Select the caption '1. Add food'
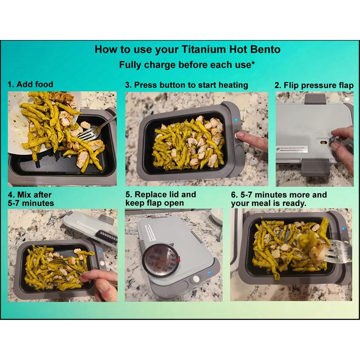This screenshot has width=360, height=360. click(x=30, y=84)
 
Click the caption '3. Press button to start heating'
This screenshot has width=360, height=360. click(x=186, y=85)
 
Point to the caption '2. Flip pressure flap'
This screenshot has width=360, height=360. click(x=314, y=85)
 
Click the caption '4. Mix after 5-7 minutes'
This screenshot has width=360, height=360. click(x=30, y=199)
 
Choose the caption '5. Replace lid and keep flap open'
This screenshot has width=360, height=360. click(x=161, y=199)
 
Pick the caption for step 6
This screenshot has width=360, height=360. click(x=279, y=199)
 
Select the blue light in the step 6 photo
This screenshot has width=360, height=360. click(x=342, y=228)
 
